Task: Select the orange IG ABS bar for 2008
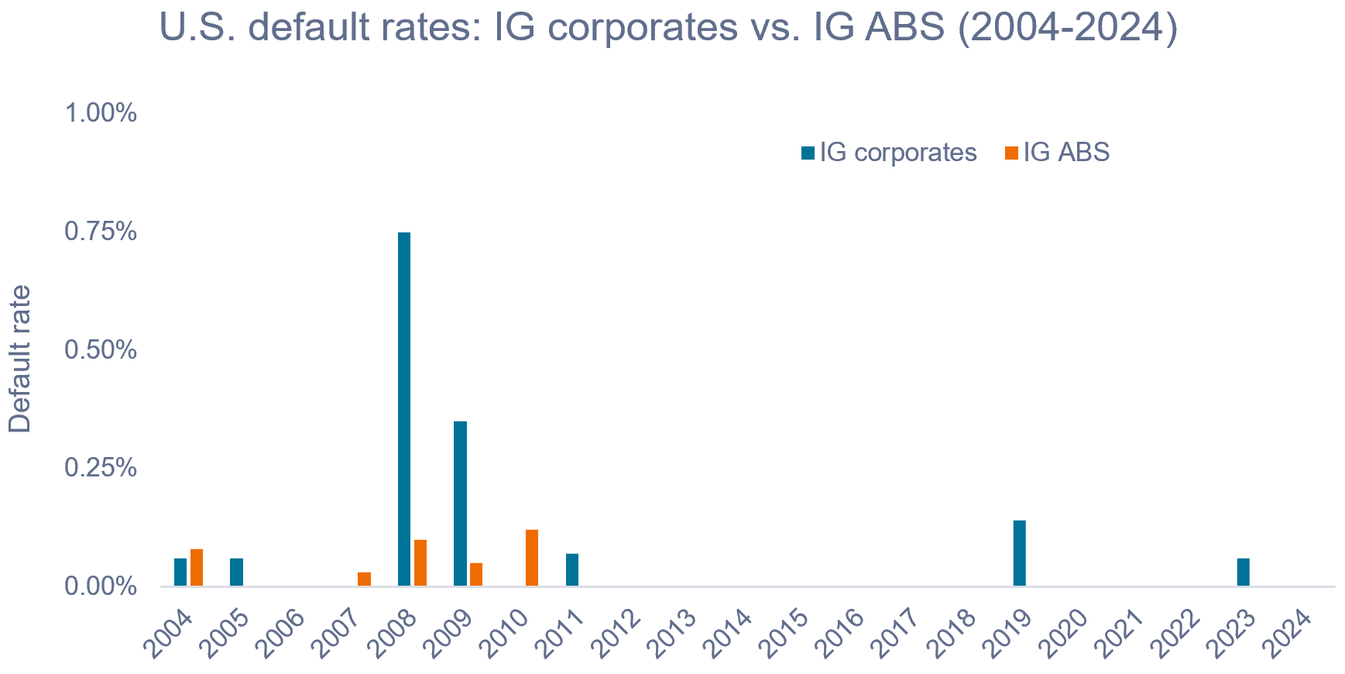420,563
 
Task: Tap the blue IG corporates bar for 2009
460,504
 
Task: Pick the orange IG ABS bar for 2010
532,558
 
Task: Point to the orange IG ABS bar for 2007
364,579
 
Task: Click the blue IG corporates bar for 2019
1019,553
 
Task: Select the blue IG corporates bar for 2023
1243,573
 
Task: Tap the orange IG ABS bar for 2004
197,568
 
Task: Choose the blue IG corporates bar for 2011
572,570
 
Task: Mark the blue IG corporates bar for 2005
236,573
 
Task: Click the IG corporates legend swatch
808,153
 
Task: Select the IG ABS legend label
1066,153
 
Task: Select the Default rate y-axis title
21,359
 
